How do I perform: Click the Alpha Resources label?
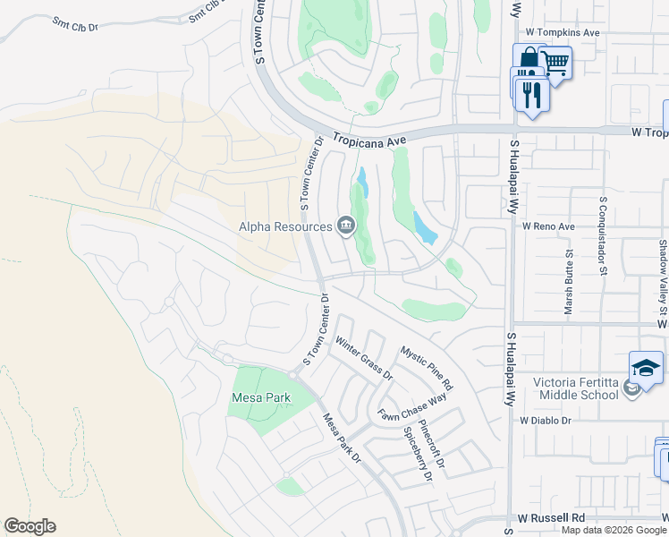(x=285, y=226)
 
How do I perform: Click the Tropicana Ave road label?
(x=369, y=140)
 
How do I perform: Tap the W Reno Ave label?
(x=548, y=226)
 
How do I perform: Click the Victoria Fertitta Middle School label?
(x=576, y=388)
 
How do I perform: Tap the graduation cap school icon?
(x=646, y=368)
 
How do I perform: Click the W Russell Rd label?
(x=551, y=518)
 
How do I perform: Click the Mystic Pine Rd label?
(x=427, y=368)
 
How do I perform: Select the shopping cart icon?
(x=555, y=63)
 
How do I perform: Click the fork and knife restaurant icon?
(x=533, y=94)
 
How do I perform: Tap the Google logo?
(x=30, y=526)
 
